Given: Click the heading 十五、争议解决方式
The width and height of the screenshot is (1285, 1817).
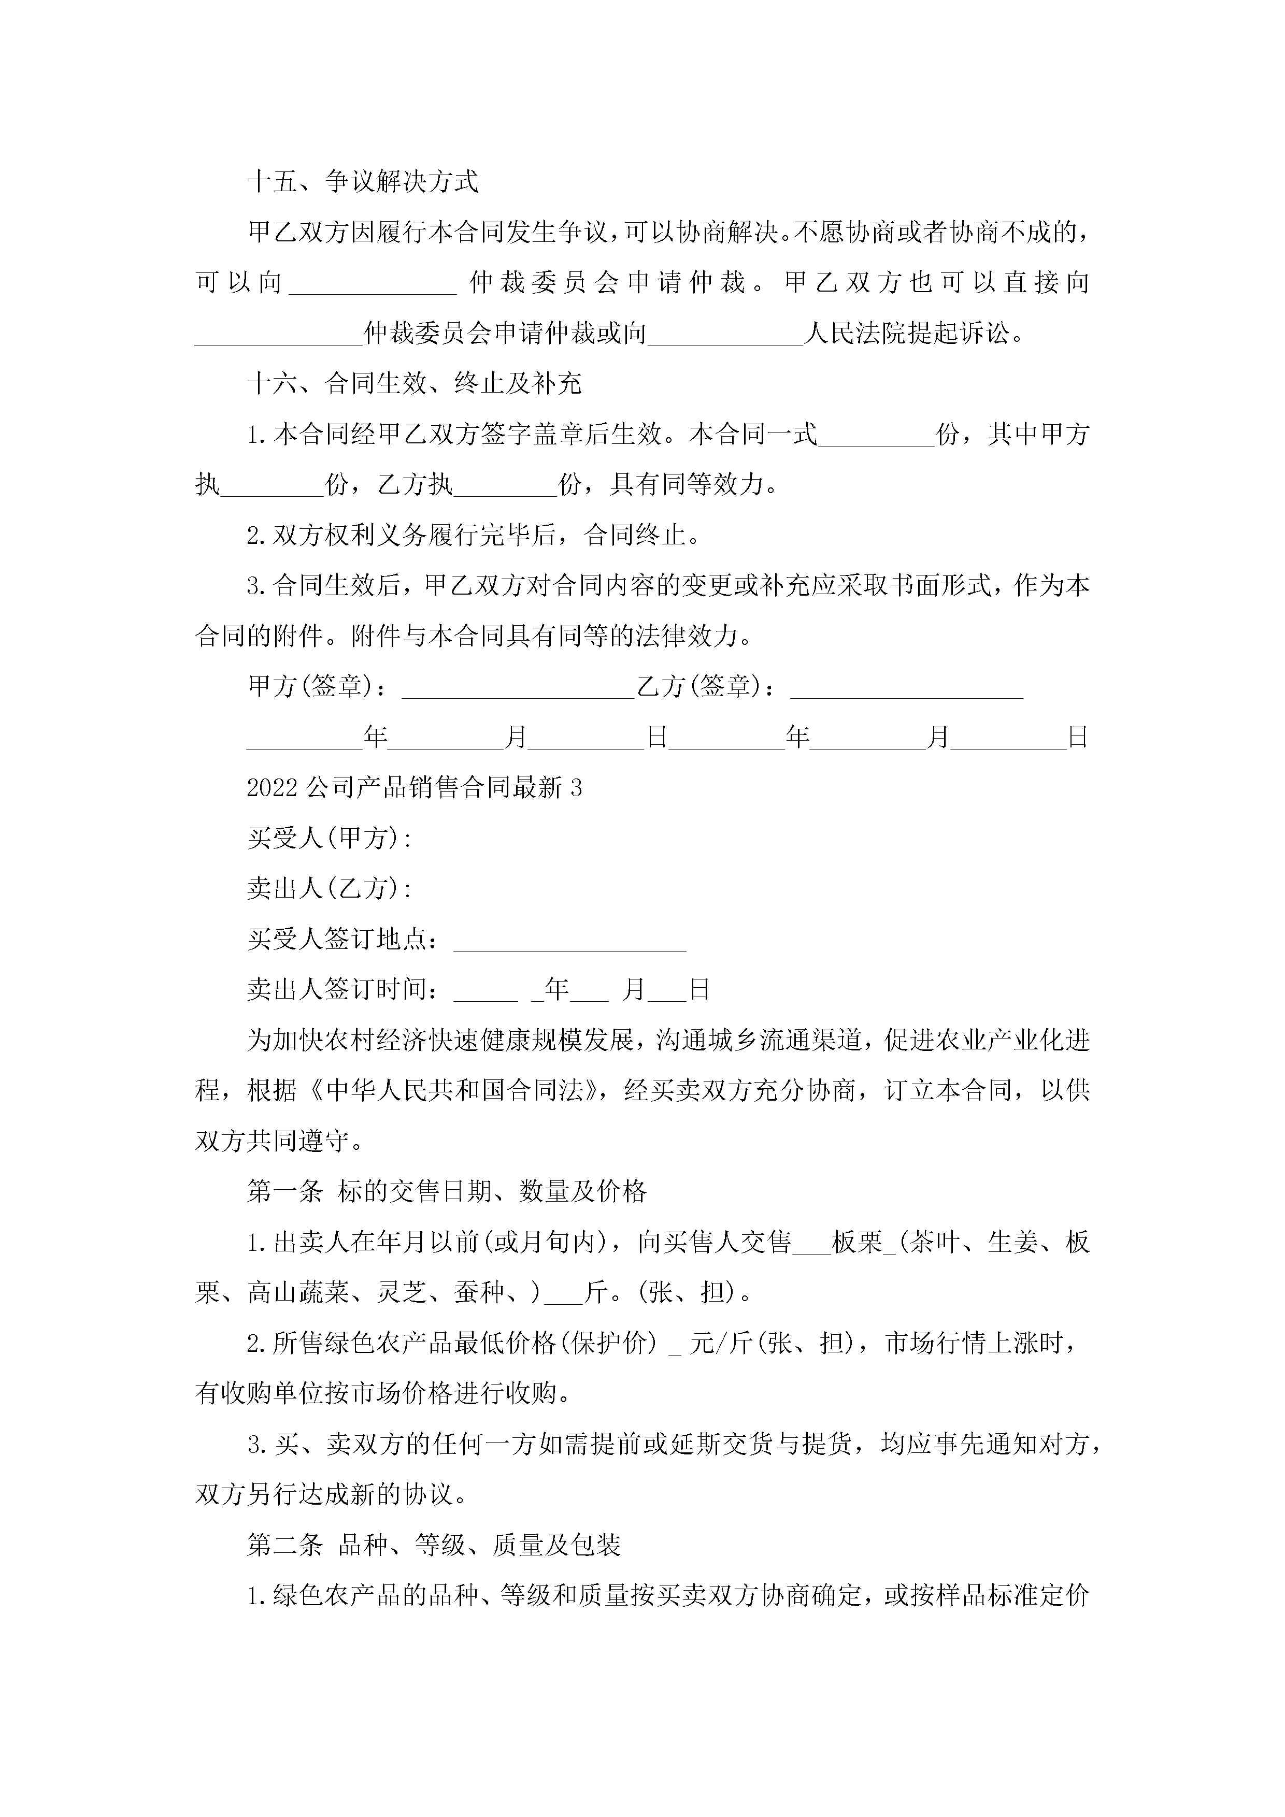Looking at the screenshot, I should (363, 182).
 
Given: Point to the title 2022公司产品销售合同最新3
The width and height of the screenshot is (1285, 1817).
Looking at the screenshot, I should (414, 787).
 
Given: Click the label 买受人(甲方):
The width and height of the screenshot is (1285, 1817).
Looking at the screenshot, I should (330, 838).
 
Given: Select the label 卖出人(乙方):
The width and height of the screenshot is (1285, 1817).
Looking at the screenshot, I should (330, 889).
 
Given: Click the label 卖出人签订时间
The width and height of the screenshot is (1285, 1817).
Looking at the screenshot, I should (342, 990).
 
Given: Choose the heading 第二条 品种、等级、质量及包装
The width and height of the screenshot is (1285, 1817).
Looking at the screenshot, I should (434, 1545).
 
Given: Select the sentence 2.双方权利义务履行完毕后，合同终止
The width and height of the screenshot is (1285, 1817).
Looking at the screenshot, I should (474, 536).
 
